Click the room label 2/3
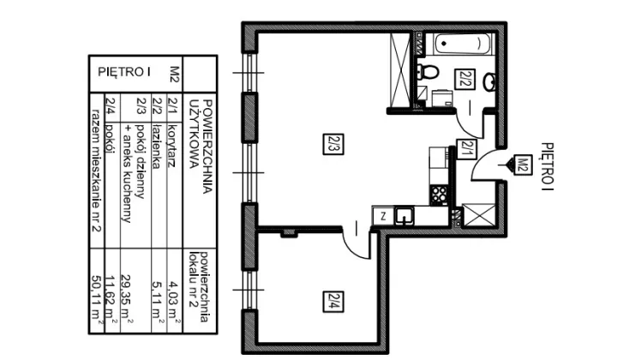coord(333,144)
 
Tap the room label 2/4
coord(333,302)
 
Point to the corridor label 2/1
coord(466,150)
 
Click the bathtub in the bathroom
coord(463,44)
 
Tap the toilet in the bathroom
coord(428,72)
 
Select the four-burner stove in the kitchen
coord(439,195)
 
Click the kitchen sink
coord(404,216)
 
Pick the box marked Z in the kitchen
coord(383,216)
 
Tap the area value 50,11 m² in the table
coord(97,298)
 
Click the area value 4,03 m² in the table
coord(175,302)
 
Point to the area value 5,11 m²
coord(159,302)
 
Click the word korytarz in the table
coord(172,146)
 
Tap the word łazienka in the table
coord(157,146)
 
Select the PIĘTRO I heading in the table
coord(124,72)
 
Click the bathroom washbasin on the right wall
coord(489,81)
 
